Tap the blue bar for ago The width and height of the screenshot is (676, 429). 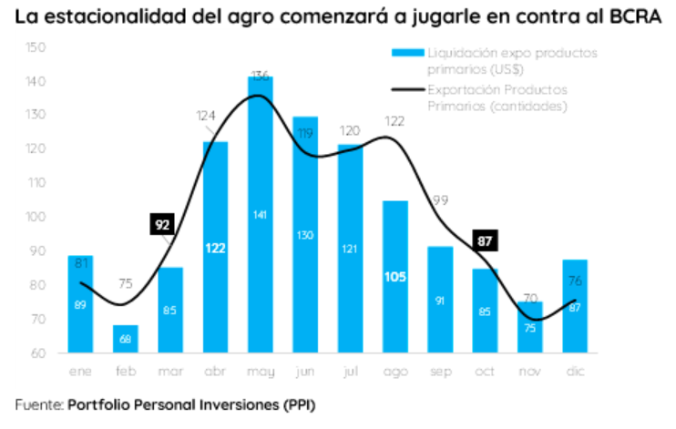394,273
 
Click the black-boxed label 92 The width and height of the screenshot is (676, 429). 163,224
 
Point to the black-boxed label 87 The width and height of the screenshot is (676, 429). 485,241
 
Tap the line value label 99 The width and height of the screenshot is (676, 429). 440,199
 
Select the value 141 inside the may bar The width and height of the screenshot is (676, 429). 260,215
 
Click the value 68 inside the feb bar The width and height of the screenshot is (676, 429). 125,340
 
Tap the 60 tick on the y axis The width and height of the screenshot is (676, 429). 36,352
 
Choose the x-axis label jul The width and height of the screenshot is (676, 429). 350,372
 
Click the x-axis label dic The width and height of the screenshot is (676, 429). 575,372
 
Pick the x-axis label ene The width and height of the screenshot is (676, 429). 80,372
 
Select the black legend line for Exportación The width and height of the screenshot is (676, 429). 405,89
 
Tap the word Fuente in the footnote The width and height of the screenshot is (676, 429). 37,402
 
